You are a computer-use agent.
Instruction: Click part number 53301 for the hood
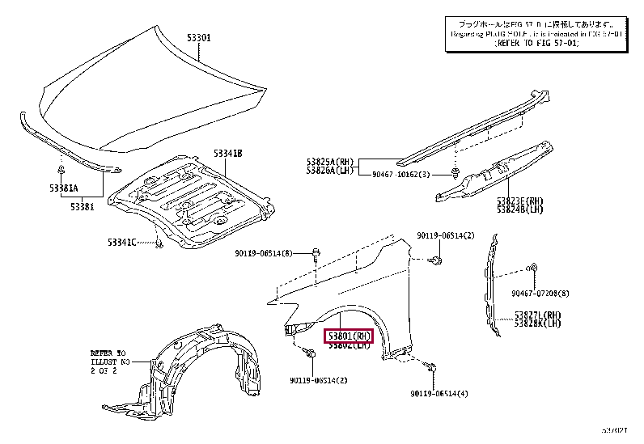pos(200,37)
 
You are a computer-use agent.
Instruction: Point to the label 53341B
pos(228,153)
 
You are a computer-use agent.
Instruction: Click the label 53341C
pos(123,241)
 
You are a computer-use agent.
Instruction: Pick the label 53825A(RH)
pos(330,162)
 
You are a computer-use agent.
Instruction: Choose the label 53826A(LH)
pos(330,171)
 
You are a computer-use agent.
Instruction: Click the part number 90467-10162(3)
pos(401,175)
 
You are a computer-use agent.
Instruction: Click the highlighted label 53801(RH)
pos(348,336)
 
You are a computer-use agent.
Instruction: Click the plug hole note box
pos(536,36)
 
